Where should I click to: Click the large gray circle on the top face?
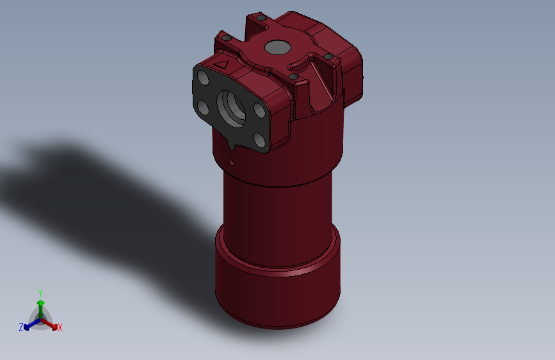coord(277,47)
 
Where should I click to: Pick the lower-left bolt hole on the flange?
coord(202,106)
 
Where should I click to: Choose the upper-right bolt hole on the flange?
coord(259,111)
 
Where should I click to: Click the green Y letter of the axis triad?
coord(40,291)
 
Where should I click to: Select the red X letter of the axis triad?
coord(60,327)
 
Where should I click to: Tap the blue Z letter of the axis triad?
coord(21,327)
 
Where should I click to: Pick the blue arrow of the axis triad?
coord(29,325)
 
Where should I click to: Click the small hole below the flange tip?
coord(231,161)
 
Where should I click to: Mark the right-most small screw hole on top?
coord(329,56)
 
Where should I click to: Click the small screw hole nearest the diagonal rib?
coord(294,77)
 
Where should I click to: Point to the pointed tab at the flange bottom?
coord(231,148)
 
